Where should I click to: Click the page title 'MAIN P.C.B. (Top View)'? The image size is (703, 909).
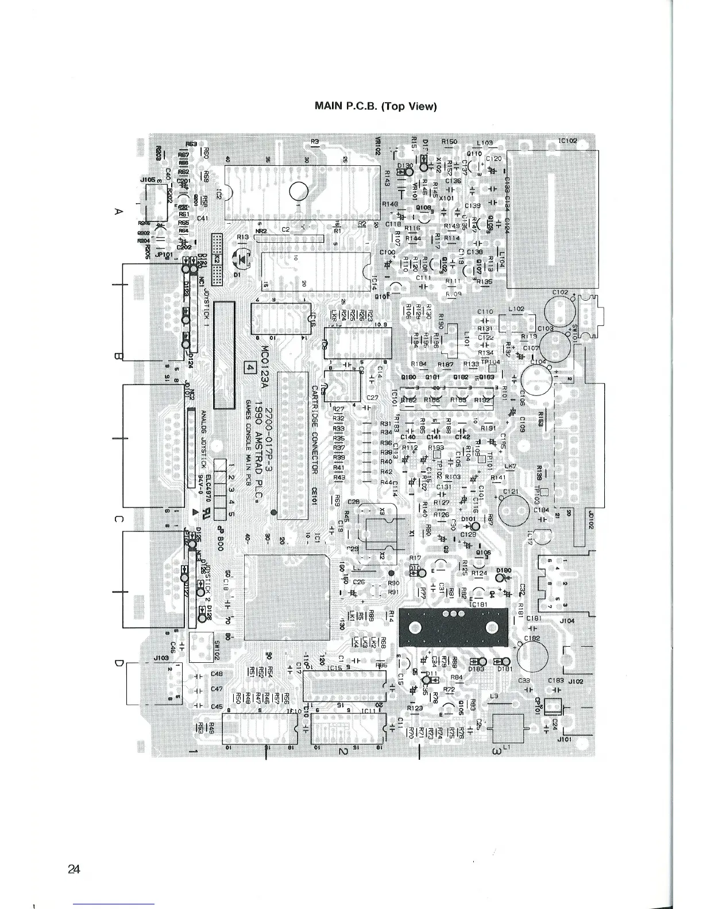(376, 106)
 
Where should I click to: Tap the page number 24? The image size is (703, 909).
(74, 869)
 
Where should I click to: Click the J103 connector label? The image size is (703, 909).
(160, 658)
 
